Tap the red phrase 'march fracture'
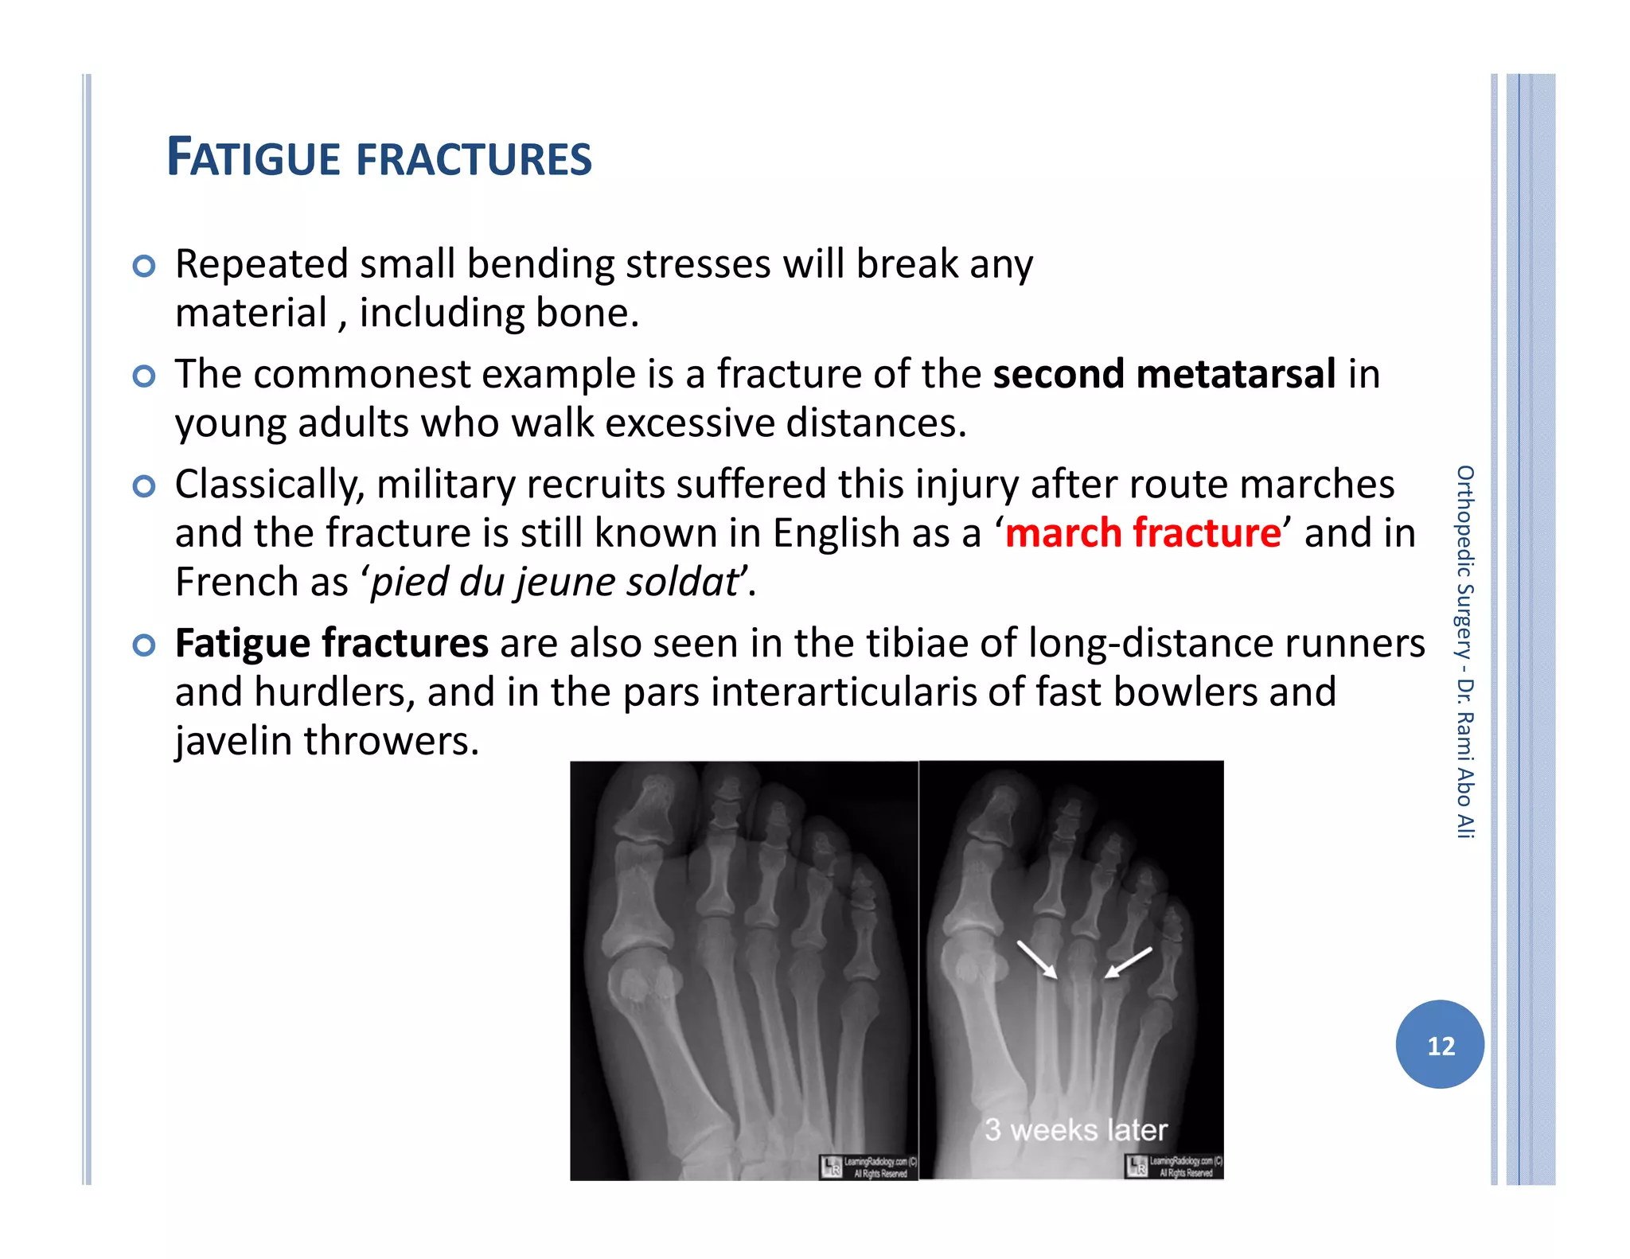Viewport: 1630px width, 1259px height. [1143, 532]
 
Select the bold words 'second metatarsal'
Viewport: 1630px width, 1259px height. [1164, 373]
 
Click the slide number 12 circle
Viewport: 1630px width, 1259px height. [1440, 1044]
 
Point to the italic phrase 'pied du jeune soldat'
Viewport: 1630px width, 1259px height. [555, 582]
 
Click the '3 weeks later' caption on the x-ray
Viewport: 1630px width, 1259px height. [1075, 1129]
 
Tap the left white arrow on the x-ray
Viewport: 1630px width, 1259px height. [1036, 960]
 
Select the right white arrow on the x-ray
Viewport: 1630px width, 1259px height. [1128, 961]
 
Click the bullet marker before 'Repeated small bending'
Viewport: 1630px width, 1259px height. [143, 266]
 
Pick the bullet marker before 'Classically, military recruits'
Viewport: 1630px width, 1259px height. [143, 485]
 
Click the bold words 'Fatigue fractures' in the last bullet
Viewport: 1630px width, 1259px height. [331, 643]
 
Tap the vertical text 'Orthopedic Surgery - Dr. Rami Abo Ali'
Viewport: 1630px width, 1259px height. [1464, 652]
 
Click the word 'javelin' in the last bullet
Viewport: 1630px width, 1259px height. [233, 741]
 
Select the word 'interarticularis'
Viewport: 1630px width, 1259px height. [844, 692]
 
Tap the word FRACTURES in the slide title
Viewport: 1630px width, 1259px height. [474, 158]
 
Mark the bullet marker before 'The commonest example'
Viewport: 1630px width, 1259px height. [143, 376]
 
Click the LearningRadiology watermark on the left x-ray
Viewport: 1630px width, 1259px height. [868, 1167]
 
